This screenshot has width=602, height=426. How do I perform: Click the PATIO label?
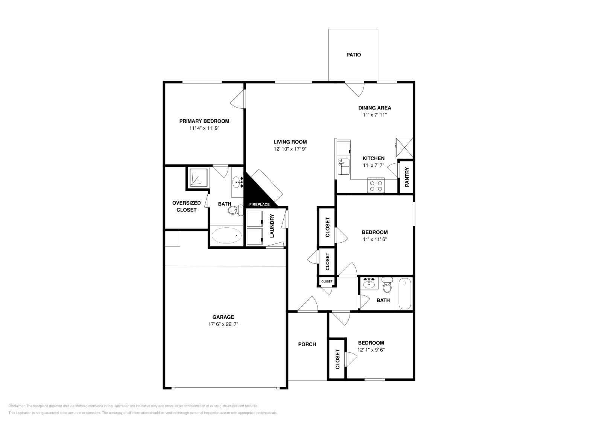[353, 55]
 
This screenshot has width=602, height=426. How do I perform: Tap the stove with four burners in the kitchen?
[376, 185]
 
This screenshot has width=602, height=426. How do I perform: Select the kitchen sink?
[344, 166]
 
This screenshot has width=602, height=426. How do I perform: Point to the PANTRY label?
[407, 177]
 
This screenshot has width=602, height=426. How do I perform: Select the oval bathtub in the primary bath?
[226, 236]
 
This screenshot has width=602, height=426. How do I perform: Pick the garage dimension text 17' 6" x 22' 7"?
[223, 324]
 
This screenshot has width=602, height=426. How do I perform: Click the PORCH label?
[307, 344]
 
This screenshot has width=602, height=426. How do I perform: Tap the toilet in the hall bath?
[387, 285]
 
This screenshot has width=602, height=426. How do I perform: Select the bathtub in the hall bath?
[405, 294]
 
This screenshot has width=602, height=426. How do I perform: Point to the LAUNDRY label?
[272, 226]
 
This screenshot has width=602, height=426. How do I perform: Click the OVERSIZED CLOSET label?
[186, 207]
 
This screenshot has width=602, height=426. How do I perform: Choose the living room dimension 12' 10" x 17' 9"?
[290, 149]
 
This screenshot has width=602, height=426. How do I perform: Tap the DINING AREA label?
[375, 108]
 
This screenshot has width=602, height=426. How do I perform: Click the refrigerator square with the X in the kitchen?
[403, 148]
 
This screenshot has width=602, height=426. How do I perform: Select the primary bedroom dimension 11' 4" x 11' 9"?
[204, 128]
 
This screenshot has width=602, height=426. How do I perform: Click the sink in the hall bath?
[369, 283]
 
